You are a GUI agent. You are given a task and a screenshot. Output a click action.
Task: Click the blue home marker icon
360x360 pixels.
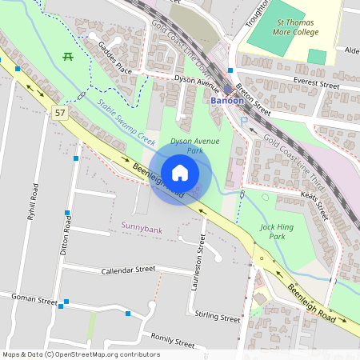tap(180, 173)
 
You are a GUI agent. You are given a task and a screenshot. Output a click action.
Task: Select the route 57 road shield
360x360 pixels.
tap(61, 113)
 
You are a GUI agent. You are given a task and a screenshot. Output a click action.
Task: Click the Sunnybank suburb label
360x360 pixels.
tap(141, 227)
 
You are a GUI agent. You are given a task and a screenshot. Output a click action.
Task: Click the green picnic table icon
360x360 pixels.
tap(69, 57)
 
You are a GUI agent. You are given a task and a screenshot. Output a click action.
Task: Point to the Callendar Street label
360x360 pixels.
tap(128, 270)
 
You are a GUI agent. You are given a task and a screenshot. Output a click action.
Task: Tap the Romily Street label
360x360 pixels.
tap(172, 342)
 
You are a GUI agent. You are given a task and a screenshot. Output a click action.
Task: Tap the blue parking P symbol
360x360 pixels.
tap(244, 121)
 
